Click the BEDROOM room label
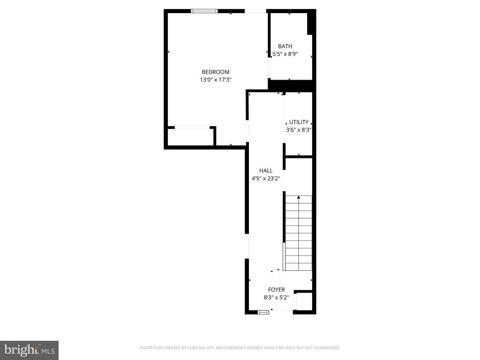(x=216, y=72)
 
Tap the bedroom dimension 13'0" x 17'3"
(x=216, y=80)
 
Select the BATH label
(x=285, y=46)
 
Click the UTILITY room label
(x=299, y=122)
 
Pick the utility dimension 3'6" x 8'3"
(x=299, y=130)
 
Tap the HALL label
(x=266, y=171)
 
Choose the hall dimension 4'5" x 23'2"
(x=266, y=178)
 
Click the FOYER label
(x=276, y=290)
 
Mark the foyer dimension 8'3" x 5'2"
(x=276, y=297)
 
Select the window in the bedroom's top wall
(x=204, y=11)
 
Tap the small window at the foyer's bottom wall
(x=263, y=311)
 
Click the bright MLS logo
(x=29, y=350)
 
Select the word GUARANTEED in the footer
(x=326, y=348)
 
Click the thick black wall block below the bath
(x=291, y=86)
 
